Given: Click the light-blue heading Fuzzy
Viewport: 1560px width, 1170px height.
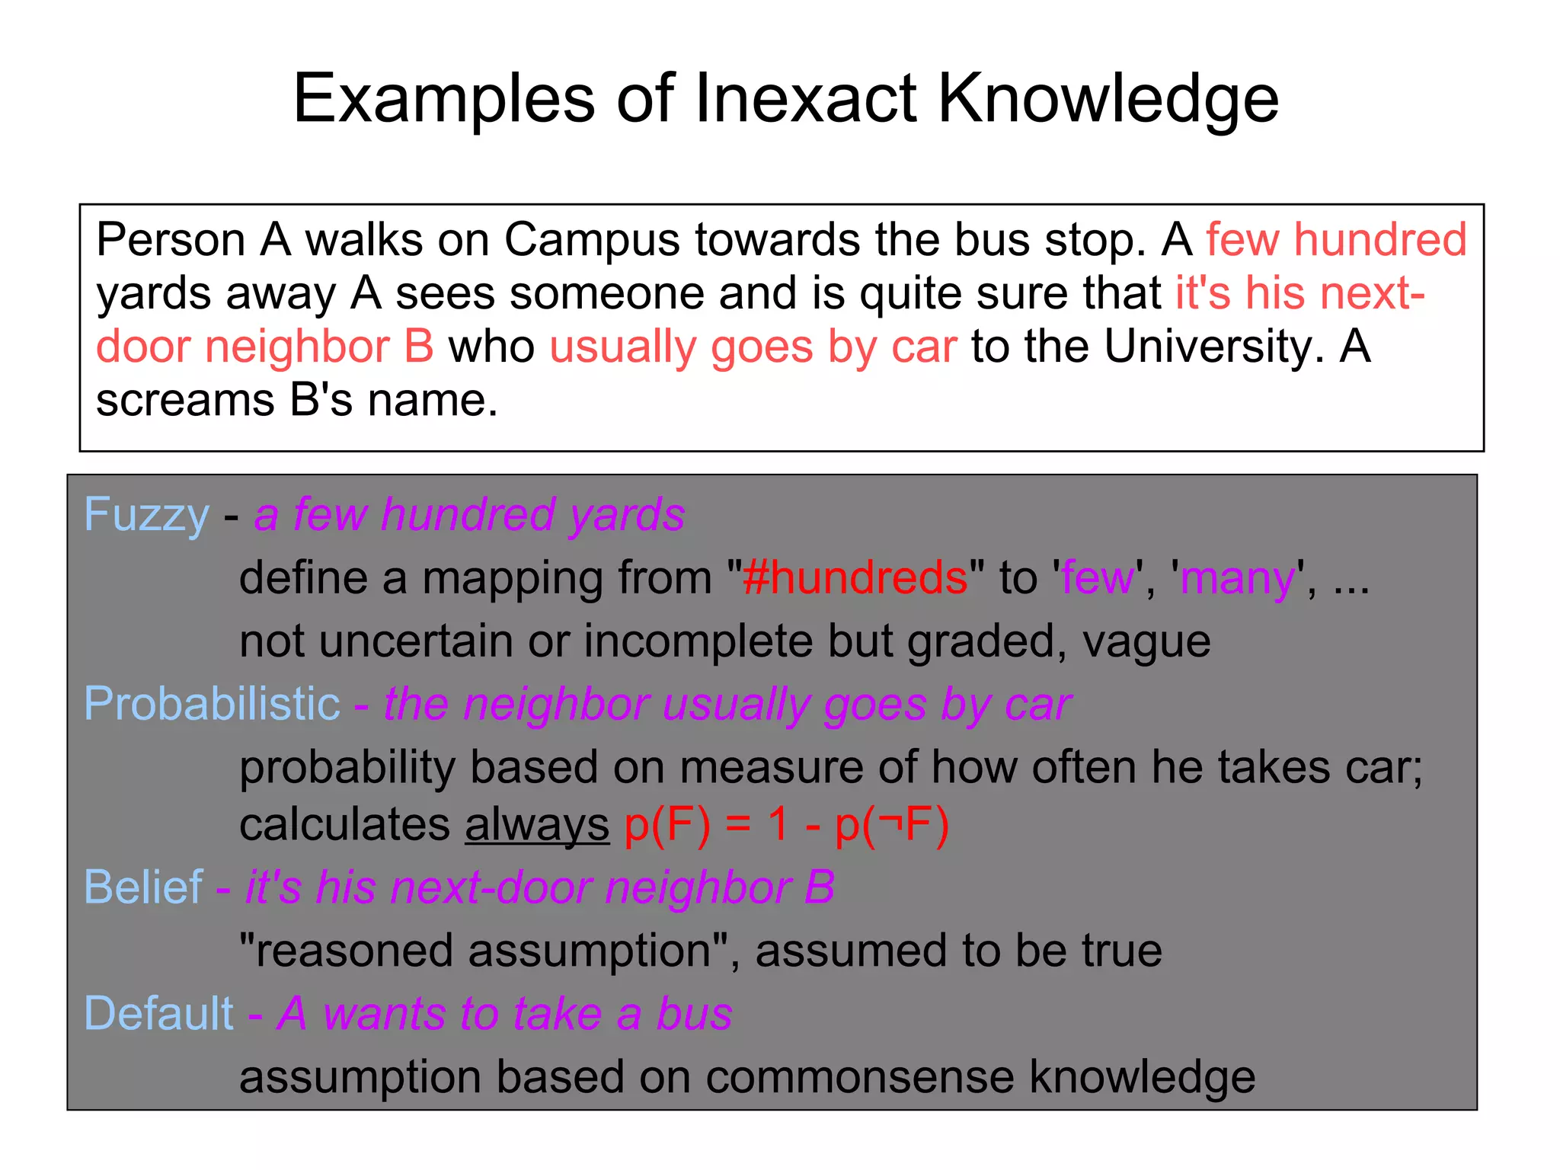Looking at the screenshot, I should click(x=146, y=514).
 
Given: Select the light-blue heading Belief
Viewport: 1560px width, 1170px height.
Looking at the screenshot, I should click(x=143, y=887).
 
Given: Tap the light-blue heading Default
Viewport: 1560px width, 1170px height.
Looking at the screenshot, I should click(x=158, y=1014).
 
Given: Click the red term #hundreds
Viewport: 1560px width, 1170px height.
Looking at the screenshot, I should click(x=855, y=577).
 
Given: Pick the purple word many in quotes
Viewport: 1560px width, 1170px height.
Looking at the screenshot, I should click(x=1237, y=577).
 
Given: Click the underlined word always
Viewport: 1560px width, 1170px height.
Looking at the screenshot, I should click(x=537, y=826).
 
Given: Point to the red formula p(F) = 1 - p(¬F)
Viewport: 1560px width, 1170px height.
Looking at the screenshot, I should click(x=786, y=824).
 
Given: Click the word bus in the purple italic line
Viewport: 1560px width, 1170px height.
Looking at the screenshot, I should click(x=694, y=1014).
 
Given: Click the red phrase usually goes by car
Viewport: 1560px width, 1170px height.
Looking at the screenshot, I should click(x=753, y=347).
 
